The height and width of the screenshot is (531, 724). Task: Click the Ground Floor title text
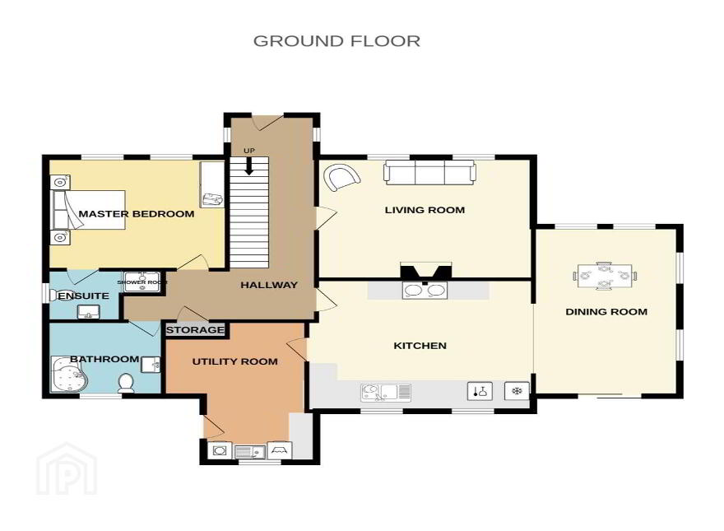point(336,41)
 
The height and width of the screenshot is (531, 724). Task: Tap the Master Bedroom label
point(137,214)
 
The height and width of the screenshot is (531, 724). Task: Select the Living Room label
point(425,210)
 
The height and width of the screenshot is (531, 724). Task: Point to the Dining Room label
point(606,311)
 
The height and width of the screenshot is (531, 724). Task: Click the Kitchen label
point(420,345)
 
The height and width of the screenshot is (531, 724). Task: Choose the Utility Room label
point(235,361)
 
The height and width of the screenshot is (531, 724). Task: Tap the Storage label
point(195,330)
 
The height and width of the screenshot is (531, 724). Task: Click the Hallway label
point(269,285)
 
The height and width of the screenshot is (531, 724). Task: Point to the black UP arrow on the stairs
point(248,166)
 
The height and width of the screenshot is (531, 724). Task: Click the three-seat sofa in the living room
point(429,172)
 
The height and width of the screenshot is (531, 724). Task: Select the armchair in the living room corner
point(341,178)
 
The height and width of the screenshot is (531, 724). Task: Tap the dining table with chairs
point(605,276)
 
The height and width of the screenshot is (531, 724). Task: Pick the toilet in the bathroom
point(126,384)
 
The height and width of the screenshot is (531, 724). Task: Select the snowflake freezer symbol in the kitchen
point(516,391)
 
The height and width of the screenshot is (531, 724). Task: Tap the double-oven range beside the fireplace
point(425,290)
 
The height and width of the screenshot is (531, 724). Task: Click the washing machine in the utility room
point(220,450)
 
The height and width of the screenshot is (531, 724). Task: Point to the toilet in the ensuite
point(54,294)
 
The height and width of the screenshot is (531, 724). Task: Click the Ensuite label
point(84,296)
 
